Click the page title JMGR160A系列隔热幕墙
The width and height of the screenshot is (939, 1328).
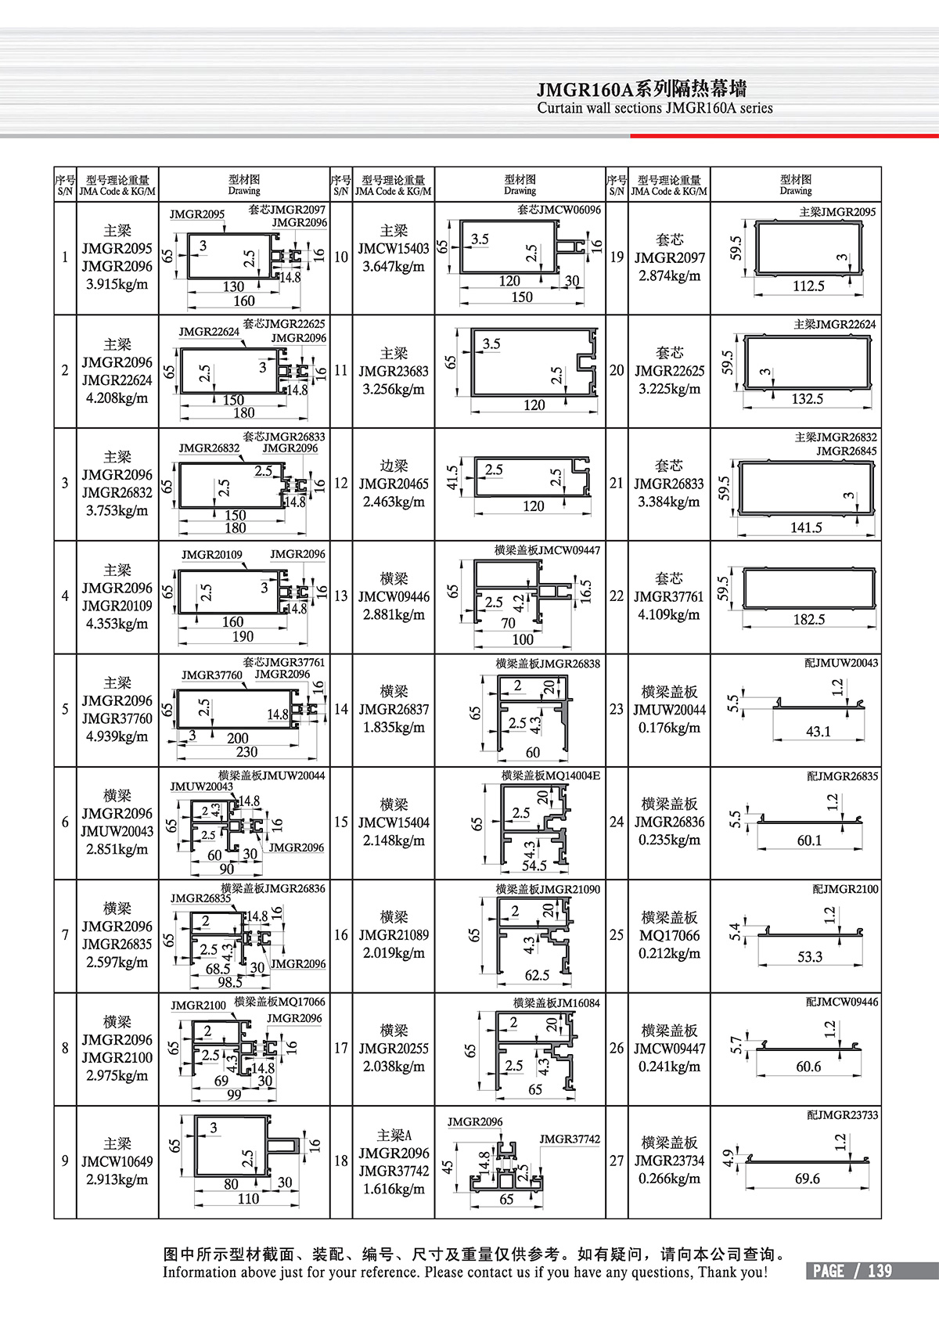click(x=642, y=89)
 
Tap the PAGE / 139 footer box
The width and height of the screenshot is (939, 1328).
click(x=852, y=1271)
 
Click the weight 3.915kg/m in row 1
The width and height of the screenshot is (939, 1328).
click(x=117, y=285)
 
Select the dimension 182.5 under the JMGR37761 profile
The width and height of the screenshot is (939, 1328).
click(x=808, y=620)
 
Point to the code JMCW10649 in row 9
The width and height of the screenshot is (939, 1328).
click(x=117, y=1162)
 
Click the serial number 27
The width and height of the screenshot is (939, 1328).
click(x=617, y=1161)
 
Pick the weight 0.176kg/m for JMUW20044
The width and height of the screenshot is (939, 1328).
click(x=669, y=728)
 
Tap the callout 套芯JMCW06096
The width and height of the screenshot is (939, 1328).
click(x=559, y=210)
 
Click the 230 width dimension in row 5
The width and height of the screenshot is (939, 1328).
click(x=246, y=752)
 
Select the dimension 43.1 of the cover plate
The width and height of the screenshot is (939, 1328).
click(x=818, y=732)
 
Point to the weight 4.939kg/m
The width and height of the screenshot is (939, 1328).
click(x=117, y=737)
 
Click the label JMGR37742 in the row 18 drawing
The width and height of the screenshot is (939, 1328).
click(x=570, y=1139)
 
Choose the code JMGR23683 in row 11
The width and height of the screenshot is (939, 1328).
click(x=394, y=372)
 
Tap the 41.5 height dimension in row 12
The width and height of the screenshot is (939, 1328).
click(x=452, y=479)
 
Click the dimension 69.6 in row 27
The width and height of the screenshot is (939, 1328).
click(x=807, y=1179)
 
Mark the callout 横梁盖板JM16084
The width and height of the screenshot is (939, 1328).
click(x=556, y=1002)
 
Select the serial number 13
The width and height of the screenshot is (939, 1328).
click(x=341, y=596)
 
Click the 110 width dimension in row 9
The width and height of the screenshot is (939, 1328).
click(x=248, y=1199)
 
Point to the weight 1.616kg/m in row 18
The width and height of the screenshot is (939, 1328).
click(x=394, y=1189)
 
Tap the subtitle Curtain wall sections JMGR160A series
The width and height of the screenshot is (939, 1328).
click(x=655, y=109)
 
